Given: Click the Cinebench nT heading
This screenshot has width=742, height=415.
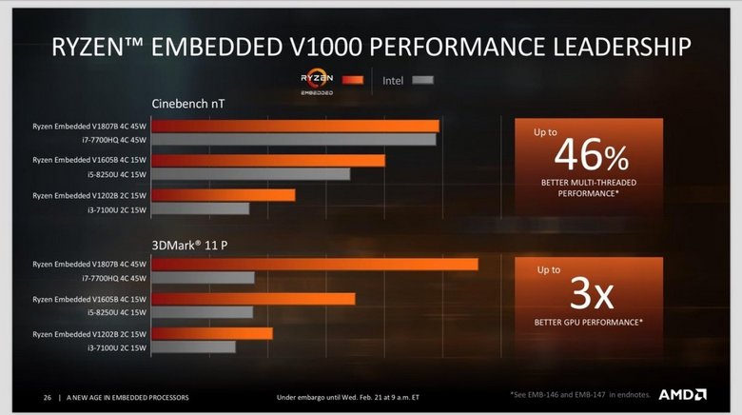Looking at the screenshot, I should pos(187,103).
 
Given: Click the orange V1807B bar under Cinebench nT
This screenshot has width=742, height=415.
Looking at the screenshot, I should pos(296,126).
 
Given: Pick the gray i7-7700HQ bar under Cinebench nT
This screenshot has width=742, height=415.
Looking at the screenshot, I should pos(294,140).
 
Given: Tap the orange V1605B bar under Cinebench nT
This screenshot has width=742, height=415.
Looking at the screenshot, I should pos(268,161).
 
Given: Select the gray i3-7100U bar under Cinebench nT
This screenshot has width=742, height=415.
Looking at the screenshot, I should pos(201,208).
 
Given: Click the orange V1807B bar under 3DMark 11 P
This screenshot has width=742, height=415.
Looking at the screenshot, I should pos(315,264).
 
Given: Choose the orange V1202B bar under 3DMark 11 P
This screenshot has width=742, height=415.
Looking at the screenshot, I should pos(212,333).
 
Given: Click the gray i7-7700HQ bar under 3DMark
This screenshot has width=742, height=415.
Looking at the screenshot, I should pos(204,278).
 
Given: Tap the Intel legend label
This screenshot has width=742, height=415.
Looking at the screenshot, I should pos(393,81).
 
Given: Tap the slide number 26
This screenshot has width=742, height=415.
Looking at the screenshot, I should pos(47,396).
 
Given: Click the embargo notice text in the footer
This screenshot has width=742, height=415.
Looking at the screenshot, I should pos(347,396).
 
